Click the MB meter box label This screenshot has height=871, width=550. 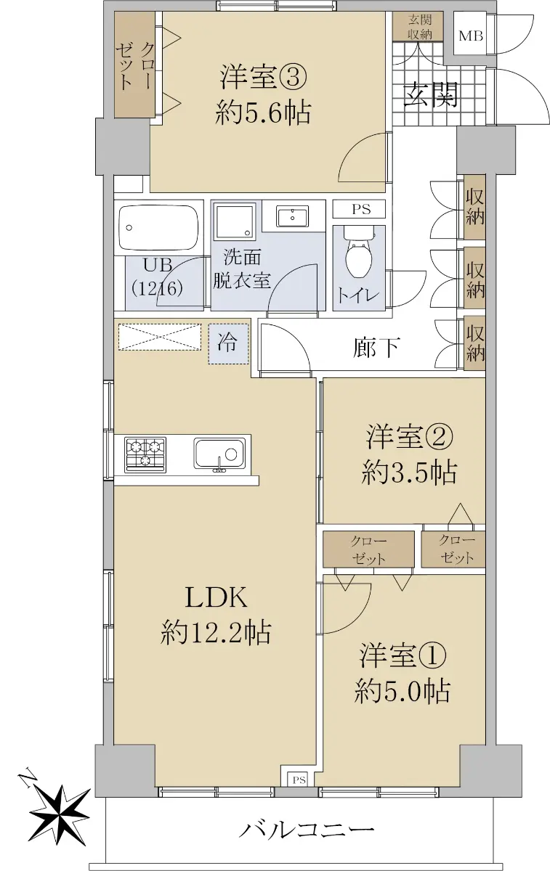(471, 36)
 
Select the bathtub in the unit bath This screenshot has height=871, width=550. (158, 228)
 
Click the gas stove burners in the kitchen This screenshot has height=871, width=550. (145, 454)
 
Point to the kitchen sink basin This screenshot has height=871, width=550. (220, 454)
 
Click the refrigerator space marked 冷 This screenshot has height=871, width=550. (228, 344)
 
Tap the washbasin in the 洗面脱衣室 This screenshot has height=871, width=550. (292, 216)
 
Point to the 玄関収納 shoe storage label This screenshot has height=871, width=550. (420, 26)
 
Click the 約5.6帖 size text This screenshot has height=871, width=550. (263, 113)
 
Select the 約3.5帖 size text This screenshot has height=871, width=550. (409, 473)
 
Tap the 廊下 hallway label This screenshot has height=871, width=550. (376, 347)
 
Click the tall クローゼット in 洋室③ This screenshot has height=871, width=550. (134, 64)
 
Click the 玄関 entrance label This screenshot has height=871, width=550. (430, 95)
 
